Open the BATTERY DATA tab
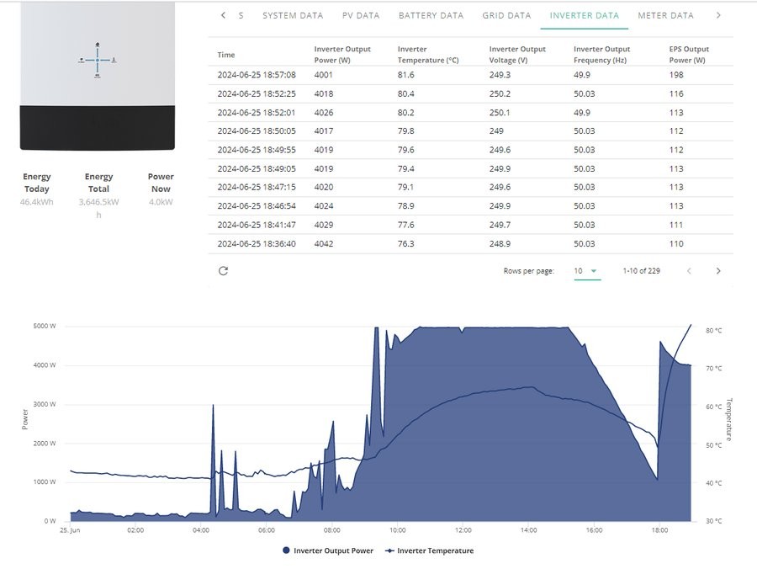pyautogui.click(x=431, y=15)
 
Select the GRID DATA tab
pyautogui.click(x=506, y=15)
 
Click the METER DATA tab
pyautogui.click(x=665, y=15)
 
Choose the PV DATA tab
pyautogui.click(x=361, y=15)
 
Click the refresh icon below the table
pyautogui.click(x=223, y=271)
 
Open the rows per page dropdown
pyautogui.click(x=587, y=271)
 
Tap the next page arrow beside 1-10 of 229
pyautogui.click(x=718, y=271)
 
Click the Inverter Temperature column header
pyautogui.click(x=428, y=55)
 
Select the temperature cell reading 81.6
pyautogui.click(x=405, y=75)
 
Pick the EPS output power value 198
pyautogui.click(x=676, y=75)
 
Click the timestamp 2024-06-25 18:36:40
pyautogui.click(x=257, y=244)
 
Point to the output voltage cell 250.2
pyautogui.click(x=500, y=93)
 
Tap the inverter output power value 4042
pyautogui.click(x=324, y=244)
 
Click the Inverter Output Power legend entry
pyautogui.click(x=328, y=550)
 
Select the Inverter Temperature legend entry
pyautogui.click(x=429, y=550)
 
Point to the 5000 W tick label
pyautogui.click(x=45, y=326)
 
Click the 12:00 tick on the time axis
pyautogui.click(x=463, y=530)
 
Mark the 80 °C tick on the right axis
pyautogui.click(x=713, y=331)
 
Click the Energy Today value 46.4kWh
pyautogui.click(x=37, y=202)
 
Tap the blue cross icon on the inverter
pyautogui.click(x=98, y=60)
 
